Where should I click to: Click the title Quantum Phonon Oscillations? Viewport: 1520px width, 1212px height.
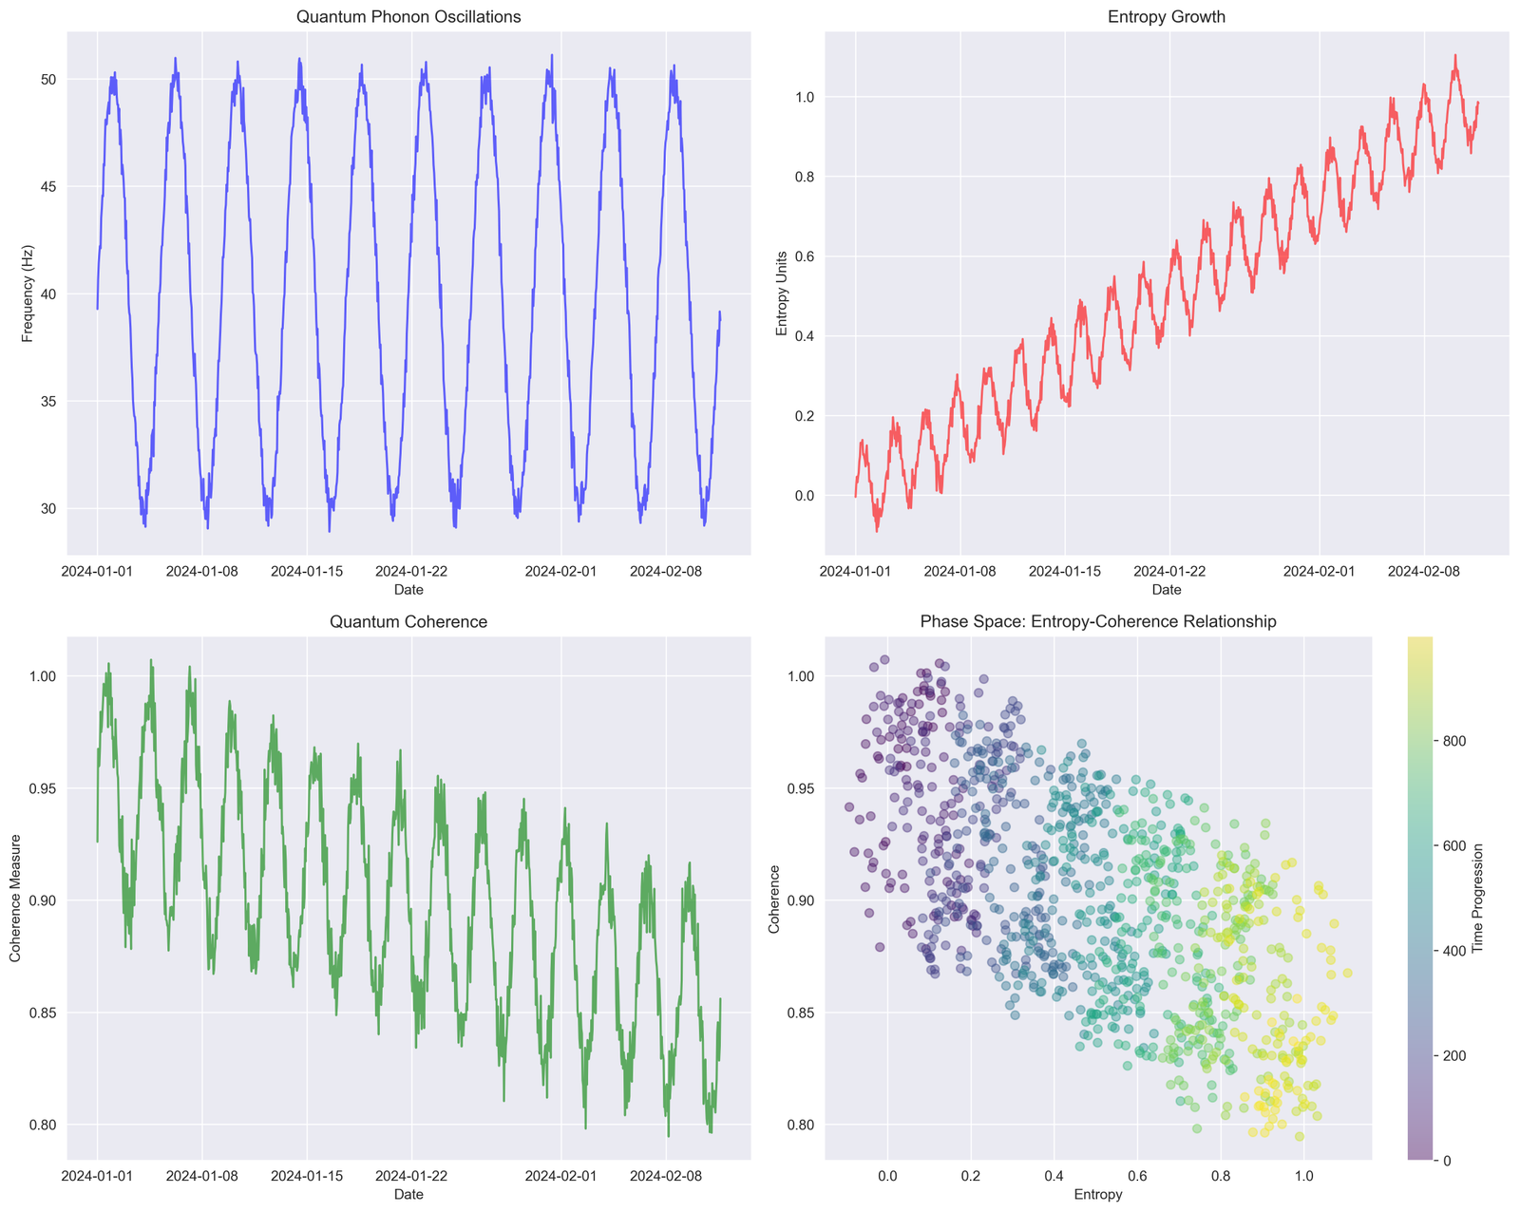408,17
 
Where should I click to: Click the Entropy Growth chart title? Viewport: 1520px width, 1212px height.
1167,17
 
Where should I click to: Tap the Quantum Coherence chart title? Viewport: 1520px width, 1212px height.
408,621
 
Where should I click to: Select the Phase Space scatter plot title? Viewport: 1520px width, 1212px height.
1097,621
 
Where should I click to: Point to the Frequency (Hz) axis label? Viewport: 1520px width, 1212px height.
28,294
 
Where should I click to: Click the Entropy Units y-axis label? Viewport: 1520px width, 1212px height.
781,294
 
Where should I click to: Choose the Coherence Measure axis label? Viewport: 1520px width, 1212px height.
15,898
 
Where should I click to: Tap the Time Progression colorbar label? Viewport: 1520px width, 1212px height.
1477,898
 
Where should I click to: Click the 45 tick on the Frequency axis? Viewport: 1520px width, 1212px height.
48,186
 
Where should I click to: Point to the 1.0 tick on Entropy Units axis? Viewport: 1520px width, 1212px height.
806,97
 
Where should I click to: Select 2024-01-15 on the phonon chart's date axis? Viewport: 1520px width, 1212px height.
307,571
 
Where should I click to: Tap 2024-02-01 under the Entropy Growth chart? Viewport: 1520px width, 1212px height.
1319,571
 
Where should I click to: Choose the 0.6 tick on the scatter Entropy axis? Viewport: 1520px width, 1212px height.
1137,1176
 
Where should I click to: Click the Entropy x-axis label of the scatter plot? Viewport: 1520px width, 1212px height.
1097,1194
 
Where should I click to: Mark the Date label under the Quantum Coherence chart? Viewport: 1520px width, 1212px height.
408,1194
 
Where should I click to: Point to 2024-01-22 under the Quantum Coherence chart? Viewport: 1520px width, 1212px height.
411,1176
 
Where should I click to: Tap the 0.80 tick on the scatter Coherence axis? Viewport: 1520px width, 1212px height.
801,1126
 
